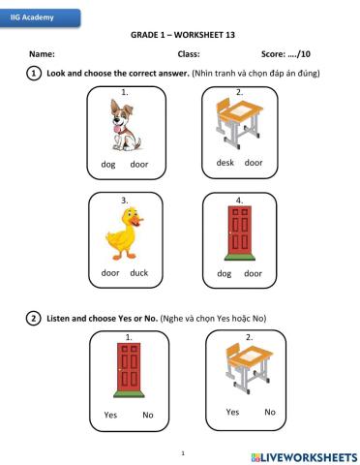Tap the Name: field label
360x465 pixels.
42,55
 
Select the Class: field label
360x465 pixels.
189,55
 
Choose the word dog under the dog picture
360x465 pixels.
108,165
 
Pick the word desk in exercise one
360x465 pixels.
225,163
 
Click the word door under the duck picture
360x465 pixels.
110,273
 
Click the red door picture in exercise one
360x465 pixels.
238,232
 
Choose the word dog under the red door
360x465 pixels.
225,273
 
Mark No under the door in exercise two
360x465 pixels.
148,416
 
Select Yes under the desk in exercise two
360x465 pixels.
232,412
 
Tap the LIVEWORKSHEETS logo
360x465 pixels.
302,454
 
